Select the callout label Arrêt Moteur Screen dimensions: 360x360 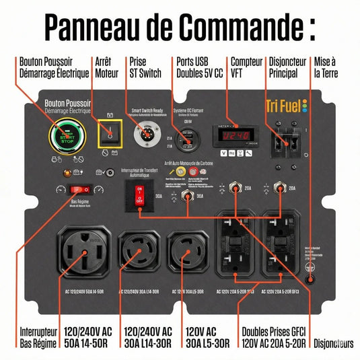107,66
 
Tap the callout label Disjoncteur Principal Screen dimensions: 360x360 288,66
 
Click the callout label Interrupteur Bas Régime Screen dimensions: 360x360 38,338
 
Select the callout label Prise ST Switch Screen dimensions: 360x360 144,66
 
